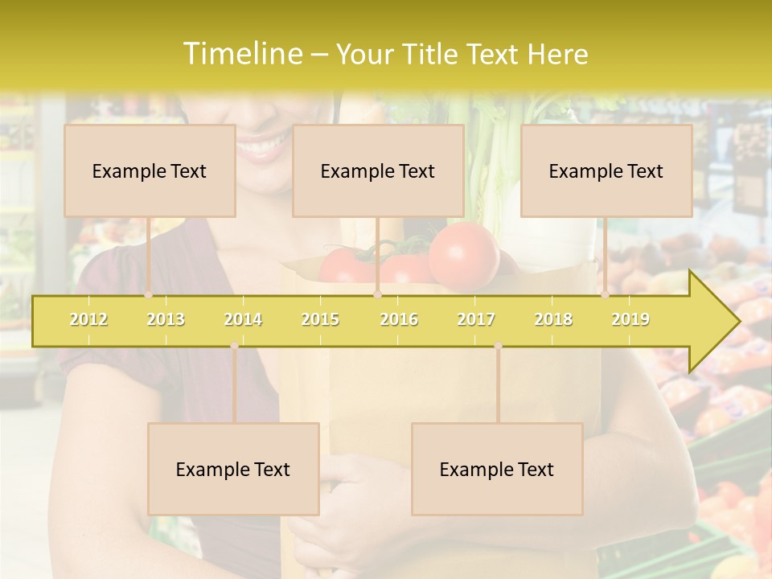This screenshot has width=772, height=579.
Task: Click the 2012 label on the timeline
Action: pos(88,319)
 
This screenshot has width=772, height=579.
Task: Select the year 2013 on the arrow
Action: pos(166,319)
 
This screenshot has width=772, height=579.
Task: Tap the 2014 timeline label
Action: pos(243,319)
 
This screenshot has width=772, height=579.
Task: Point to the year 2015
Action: pos(320,319)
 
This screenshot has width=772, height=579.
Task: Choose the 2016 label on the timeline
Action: pos(399,319)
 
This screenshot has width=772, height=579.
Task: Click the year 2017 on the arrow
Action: pos(476,319)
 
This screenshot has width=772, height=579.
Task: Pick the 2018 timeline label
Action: pos(553,319)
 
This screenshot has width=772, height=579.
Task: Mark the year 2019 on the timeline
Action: pos(630,319)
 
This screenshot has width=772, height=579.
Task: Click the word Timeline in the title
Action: pos(242,54)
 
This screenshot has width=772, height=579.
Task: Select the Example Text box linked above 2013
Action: pos(150,170)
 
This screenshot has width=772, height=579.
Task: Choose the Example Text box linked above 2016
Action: pos(378,170)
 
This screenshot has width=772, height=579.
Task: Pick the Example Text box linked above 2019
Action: pos(606,170)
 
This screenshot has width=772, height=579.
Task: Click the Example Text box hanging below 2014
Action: pos(233,469)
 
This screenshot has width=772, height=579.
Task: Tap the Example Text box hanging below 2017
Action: pos(497,469)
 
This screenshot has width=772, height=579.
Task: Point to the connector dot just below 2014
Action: pos(234,346)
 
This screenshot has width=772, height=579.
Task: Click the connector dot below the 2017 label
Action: pos(498,346)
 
